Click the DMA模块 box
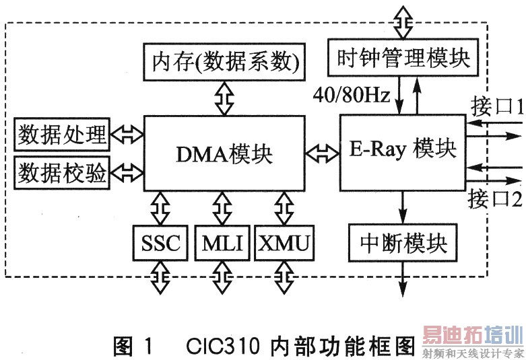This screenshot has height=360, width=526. pos(224,154)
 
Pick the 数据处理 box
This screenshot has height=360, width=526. pos(61,134)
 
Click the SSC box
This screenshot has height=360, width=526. pos(161,243)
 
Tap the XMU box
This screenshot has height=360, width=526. pos(284,243)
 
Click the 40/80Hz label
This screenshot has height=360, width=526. pos(351,96)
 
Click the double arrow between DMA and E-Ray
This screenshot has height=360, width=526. pos(322,153)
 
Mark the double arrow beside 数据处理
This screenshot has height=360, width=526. pos(127,134)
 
